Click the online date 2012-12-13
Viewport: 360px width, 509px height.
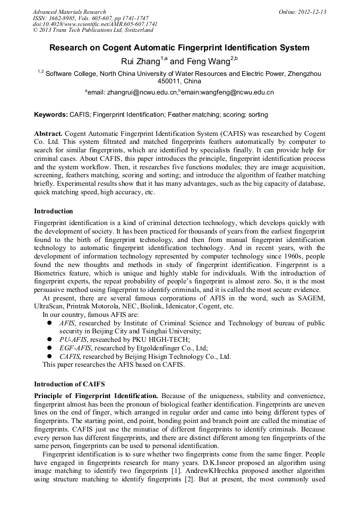tap(313, 12)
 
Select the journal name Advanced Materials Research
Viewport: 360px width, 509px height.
tap(69, 12)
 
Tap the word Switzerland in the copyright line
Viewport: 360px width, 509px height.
tap(135, 30)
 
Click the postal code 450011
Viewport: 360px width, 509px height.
tap(169, 81)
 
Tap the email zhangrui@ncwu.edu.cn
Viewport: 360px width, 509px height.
tap(142, 92)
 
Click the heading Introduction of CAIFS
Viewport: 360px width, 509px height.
tap(69, 384)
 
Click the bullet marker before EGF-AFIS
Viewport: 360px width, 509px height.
tap(49, 348)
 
